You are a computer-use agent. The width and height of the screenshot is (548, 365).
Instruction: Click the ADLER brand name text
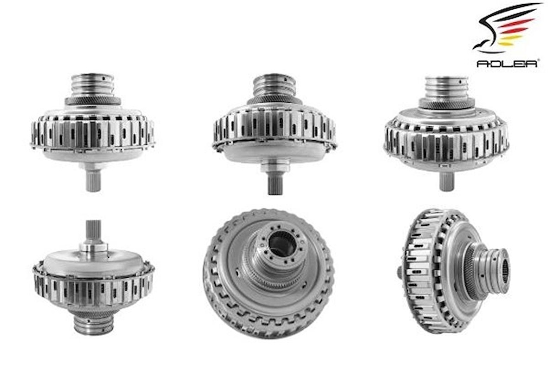[x=508, y=63]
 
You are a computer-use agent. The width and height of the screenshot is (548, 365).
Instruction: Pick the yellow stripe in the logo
[x=510, y=41]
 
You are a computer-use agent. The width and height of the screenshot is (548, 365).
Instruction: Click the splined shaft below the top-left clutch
[x=93, y=180]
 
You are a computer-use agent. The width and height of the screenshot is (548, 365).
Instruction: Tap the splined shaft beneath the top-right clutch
[x=447, y=181]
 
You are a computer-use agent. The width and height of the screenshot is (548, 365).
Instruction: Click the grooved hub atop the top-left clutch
[x=93, y=85]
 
